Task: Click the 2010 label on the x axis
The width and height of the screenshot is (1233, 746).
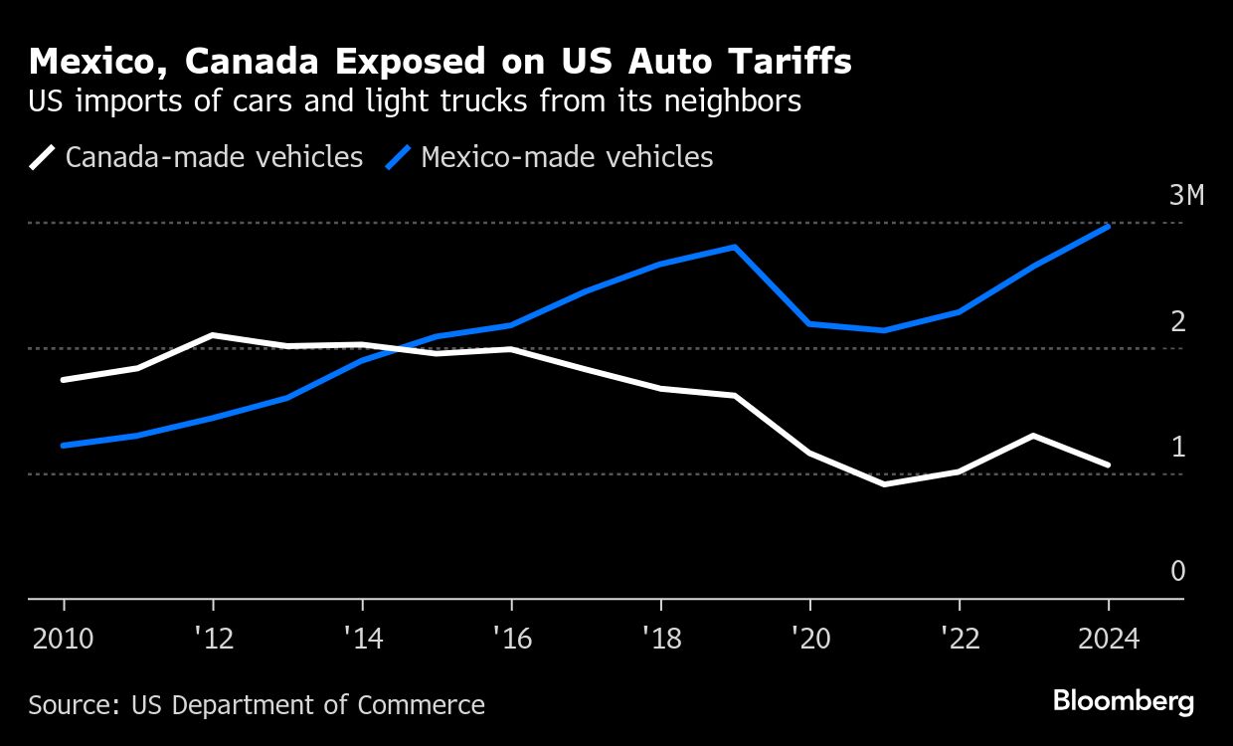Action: (x=64, y=639)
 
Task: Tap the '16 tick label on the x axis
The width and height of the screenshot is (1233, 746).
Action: (x=511, y=639)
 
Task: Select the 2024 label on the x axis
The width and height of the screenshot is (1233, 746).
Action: (x=1108, y=639)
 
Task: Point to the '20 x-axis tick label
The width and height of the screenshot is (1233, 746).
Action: (x=809, y=639)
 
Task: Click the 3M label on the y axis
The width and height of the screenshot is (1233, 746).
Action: (x=1186, y=195)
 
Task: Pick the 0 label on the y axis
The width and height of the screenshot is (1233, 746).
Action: (x=1178, y=571)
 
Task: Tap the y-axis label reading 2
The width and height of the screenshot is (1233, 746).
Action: (x=1178, y=321)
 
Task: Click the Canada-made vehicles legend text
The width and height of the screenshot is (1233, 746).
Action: (x=214, y=157)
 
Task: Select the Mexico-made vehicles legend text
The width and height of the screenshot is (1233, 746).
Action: (x=567, y=157)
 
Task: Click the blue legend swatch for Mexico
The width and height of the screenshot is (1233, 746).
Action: (x=399, y=157)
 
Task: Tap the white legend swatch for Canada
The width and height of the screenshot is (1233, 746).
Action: (x=43, y=157)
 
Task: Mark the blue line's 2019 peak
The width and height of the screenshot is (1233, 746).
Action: (x=735, y=247)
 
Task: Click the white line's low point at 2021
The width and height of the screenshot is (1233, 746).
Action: (x=884, y=484)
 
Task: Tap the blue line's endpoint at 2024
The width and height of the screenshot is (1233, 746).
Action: (x=1108, y=227)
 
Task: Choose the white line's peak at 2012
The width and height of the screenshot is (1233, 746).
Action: (x=213, y=335)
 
